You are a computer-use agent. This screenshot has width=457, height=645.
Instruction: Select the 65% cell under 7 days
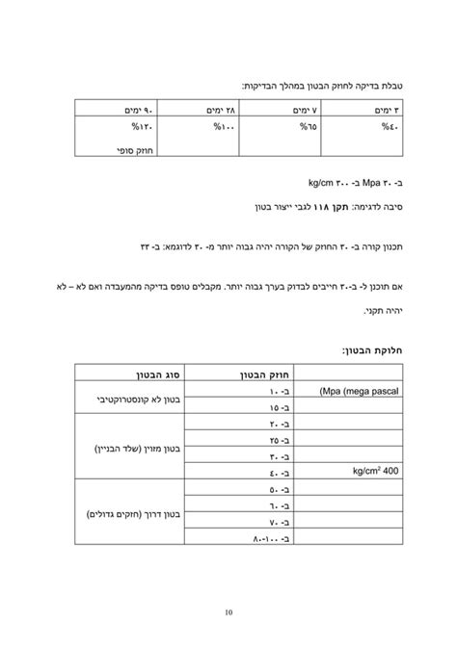tap(308, 125)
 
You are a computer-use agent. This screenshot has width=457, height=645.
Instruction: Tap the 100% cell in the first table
tap(225, 125)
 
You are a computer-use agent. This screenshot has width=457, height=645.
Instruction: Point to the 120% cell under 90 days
tap(143, 125)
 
